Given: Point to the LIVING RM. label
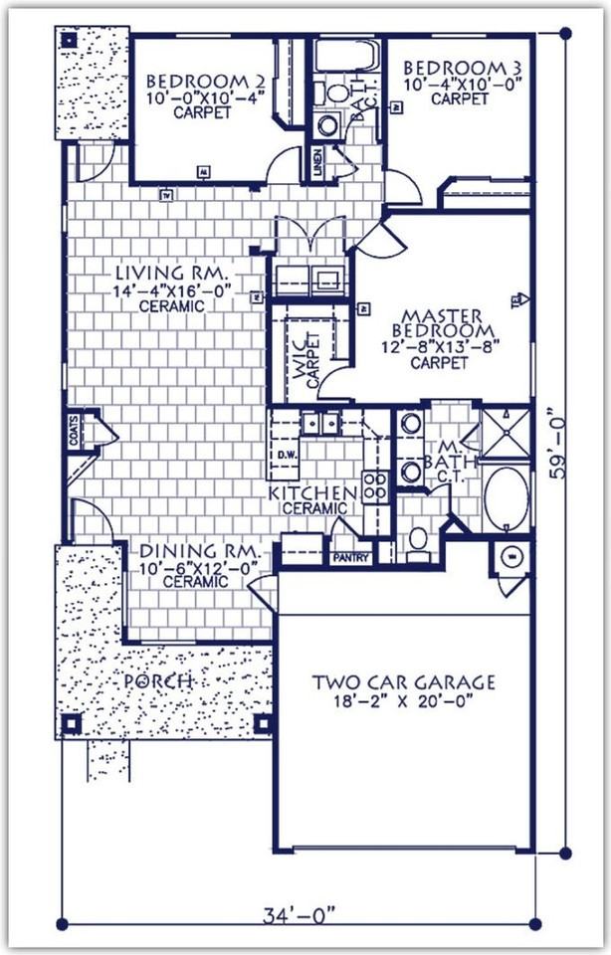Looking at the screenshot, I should (x=173, y=273).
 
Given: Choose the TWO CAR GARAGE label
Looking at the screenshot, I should (x=403, y=682).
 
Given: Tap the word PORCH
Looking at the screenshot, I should (x=158, y=682).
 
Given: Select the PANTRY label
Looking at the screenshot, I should (x=351, y=558).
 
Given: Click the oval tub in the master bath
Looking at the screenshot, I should (x=507, y=497).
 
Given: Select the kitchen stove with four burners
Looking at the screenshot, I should (x=374, y=487).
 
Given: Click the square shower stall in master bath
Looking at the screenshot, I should (x=506, y=430).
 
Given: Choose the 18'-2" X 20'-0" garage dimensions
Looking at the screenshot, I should (x=403, y=702).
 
